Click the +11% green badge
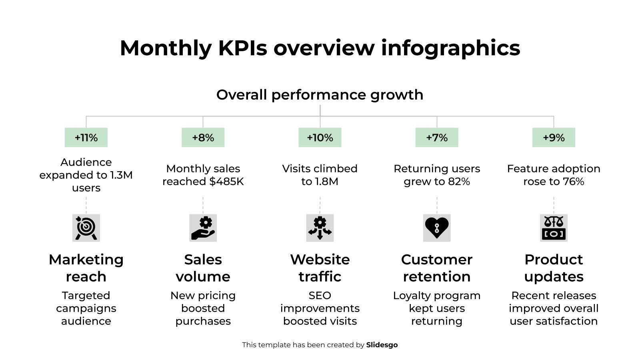tap(86, 138)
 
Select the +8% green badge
tap(203, 138)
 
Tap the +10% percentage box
tap(320, 138)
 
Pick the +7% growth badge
tap(436, 138)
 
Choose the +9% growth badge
tap(554, 138)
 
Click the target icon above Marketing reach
tap(86, 228)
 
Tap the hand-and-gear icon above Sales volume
tap(203, 228)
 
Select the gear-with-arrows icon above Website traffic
tap(320, 228)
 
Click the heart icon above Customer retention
tap(436, 228)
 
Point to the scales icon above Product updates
tap(554, 228)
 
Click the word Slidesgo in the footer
tap(382, 345)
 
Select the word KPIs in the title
tap(242, 48)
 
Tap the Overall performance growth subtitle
tap(320, 95)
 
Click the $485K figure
tap(226, 182)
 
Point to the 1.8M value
tap(326, 182)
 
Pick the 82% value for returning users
tap(459, 182)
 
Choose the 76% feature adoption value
tap(573, 182)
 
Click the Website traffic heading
tap(320, 268)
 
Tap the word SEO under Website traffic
tap(320, 296)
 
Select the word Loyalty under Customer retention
tap(411, 296)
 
